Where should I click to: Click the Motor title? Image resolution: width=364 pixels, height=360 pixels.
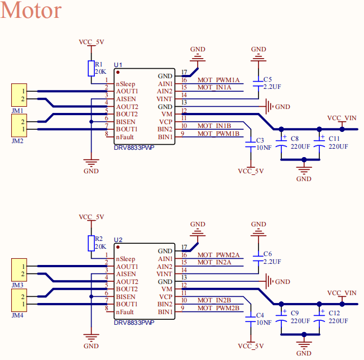31,10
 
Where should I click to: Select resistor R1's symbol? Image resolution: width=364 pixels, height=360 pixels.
91,68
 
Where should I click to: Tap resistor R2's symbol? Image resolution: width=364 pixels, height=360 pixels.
91,243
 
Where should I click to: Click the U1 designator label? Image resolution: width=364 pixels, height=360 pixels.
118,65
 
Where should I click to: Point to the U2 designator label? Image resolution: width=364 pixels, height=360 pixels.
118,240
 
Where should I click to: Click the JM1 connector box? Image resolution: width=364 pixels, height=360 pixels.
19,95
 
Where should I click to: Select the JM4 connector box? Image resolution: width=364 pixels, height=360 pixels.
19,300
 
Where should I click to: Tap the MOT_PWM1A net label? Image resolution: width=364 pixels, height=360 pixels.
218,80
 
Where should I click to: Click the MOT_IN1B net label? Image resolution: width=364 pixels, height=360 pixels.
214,126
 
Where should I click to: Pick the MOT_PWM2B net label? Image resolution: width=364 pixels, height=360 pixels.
218,308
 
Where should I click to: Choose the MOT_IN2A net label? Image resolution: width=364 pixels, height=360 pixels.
214,262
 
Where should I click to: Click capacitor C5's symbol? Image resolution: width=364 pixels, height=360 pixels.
258,84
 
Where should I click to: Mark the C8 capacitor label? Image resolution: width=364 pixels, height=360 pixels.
295,139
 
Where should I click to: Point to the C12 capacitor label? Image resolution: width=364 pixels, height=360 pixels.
334,313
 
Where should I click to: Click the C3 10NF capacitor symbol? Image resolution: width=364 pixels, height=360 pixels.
251,145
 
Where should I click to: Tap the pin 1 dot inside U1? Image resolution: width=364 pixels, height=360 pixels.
118,73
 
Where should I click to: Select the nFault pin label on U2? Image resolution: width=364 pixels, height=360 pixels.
125,312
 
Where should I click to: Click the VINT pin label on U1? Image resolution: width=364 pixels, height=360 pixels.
164,99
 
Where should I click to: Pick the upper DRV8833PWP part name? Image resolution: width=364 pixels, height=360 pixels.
134,148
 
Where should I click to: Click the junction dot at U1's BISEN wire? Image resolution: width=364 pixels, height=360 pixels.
91,122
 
